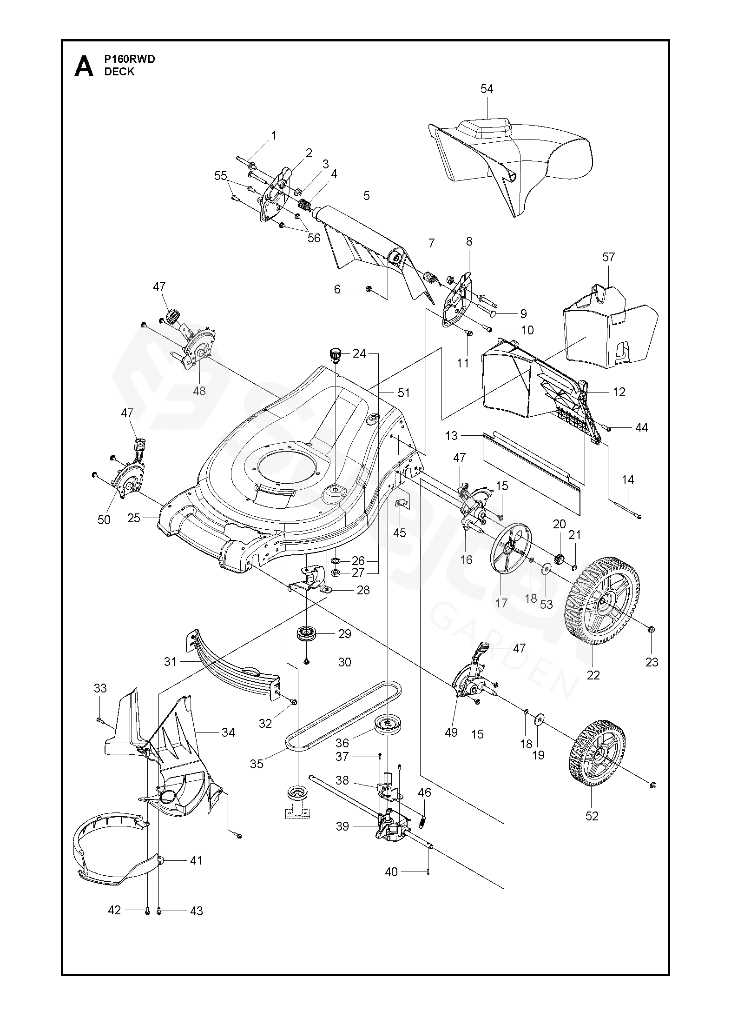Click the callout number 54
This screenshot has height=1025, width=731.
pos(487,89)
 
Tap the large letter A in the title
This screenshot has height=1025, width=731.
pos(84,67)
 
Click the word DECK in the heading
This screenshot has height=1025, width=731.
pos(119,72)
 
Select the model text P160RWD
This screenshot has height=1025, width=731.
pos(130,59)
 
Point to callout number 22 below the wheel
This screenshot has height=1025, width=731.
pos(593,675)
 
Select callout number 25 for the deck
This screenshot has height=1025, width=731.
pos(134,518)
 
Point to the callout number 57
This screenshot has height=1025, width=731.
pos(608,257)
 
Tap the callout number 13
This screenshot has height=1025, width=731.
pos(451,436)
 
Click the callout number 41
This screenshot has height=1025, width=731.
pos(197,860)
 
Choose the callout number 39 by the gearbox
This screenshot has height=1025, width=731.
pos(342,826)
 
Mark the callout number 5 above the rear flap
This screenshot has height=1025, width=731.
pos(367,196)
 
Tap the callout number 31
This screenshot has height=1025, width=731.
pos(170,661)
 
